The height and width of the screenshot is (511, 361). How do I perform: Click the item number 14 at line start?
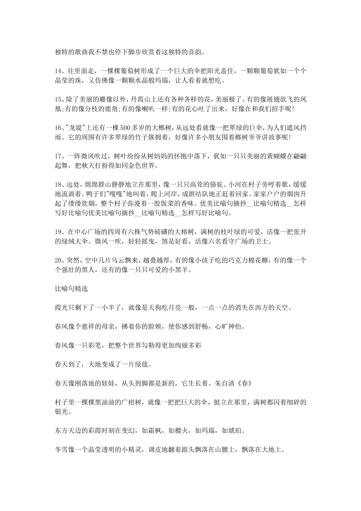(58, 71)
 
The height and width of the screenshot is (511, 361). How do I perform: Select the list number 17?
(58, 156)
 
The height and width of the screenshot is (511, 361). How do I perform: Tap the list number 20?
(58, 260)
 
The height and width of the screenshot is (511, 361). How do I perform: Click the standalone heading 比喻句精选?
(71, 289)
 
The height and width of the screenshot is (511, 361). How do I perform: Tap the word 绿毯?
(144, 364)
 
